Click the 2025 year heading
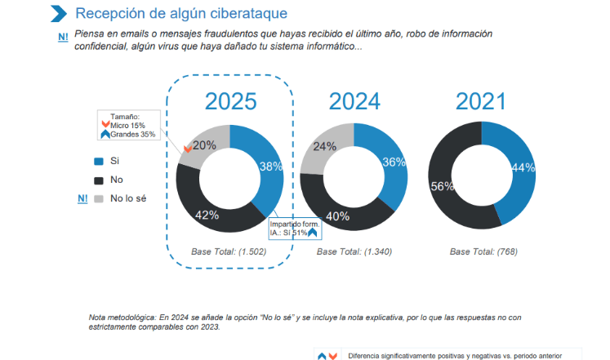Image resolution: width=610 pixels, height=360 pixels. tap(230, 101)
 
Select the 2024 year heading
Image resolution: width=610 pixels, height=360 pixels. tap(354, 101)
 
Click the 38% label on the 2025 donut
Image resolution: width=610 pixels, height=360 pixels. tap(271, 166)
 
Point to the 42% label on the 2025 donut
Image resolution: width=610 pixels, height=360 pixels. tap(207, 215)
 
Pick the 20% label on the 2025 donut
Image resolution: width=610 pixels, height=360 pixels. tap(204, 145)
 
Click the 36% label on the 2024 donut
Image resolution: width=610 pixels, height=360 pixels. tap(394, 162)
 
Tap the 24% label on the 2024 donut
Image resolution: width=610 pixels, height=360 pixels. tap(325, 147)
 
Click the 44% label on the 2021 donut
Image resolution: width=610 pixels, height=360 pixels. tap(523, 167)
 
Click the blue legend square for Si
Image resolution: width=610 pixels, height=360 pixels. tap(99, 162)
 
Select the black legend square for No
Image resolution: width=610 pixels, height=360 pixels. tap(99, 180)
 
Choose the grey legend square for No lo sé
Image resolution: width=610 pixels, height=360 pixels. tap(99, 198)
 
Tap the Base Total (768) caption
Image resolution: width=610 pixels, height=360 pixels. tap(480, 252)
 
